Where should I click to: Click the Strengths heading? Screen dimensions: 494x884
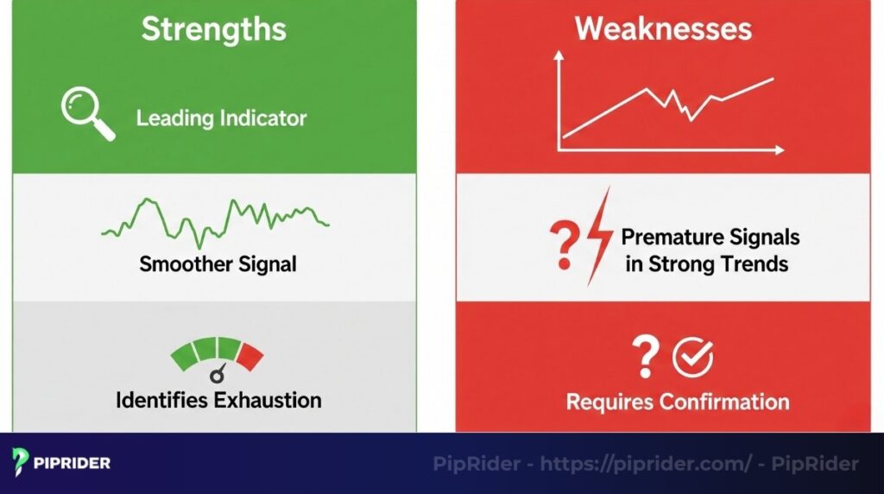[x=213, y=28]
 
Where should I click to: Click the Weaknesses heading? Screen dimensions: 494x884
[x=662, y=28]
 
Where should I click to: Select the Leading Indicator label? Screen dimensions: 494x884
[x=221, y=117]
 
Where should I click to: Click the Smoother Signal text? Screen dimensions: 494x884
[x=218, y=263]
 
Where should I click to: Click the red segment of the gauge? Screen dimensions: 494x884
[x=251, y=354]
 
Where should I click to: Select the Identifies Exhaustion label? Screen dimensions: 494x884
[x=218, y=400]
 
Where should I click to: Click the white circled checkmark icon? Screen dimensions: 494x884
[x=692, y=356]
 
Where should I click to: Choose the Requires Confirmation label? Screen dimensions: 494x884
[x=678, y=402]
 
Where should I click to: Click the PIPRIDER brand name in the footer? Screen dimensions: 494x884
[x=73, y=463]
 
